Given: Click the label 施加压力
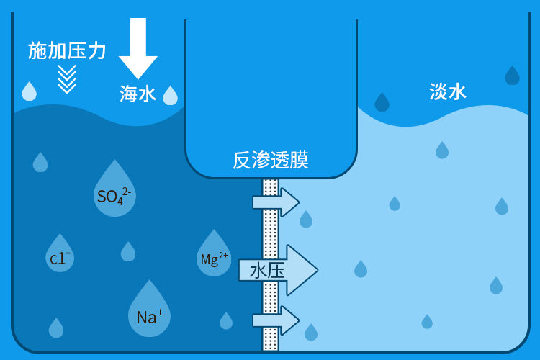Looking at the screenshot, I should tap(67, 50).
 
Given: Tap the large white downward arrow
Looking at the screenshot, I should tap(138, 47).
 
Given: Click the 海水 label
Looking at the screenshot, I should tap(138, 94).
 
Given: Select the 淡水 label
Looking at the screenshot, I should tap(448, 91).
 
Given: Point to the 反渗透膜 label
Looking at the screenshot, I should tap(271, 160).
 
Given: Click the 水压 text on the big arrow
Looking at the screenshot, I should tap(267, 271).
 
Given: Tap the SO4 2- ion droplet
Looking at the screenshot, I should tap(114, 191).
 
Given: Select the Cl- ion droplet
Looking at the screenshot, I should tap(60, 255).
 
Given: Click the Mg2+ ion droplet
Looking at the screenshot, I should tap(214, 256).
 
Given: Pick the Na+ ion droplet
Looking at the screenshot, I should tap(149, 312).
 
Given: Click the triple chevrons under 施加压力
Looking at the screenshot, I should tap(67, 78).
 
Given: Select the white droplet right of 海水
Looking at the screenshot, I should tap(170, 96).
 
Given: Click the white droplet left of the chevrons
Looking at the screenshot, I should tap(29, 91).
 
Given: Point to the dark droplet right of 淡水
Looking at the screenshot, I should tap(512, 76).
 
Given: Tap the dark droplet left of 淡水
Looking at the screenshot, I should tap(382, 103).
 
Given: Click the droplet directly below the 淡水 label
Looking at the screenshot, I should tap(442, 150).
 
